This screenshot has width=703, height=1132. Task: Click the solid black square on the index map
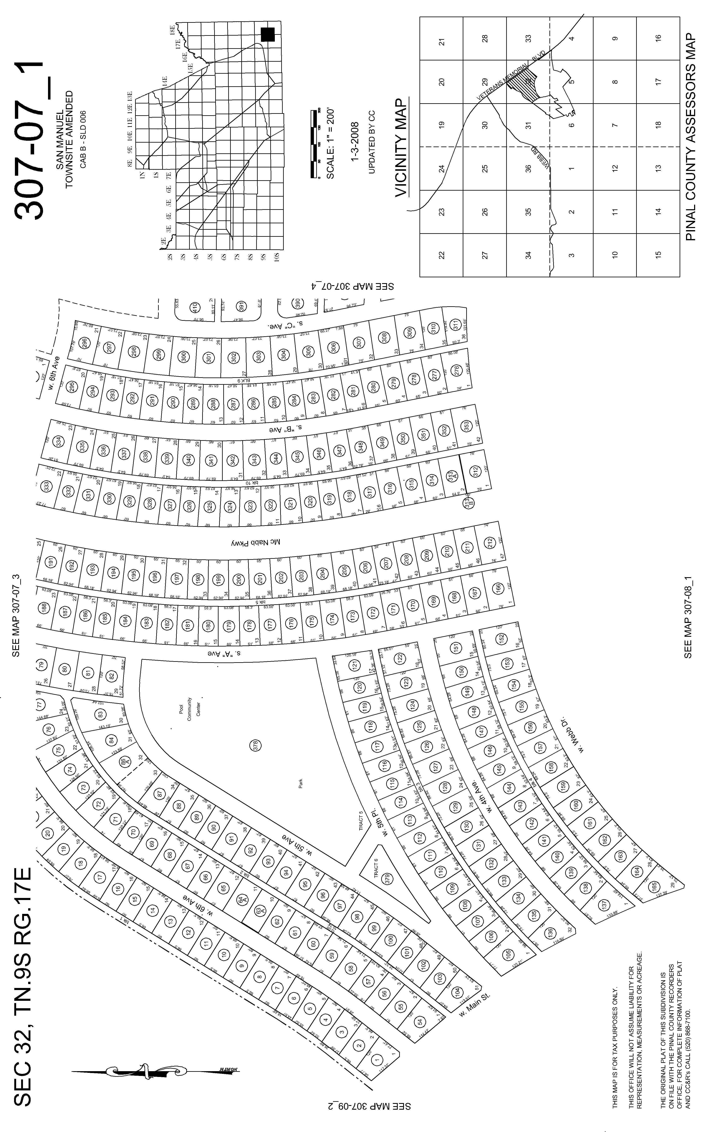tap(268, 34)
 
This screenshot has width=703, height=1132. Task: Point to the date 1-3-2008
tap(355, 142)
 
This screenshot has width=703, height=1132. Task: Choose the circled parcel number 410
tap(195, 307)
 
